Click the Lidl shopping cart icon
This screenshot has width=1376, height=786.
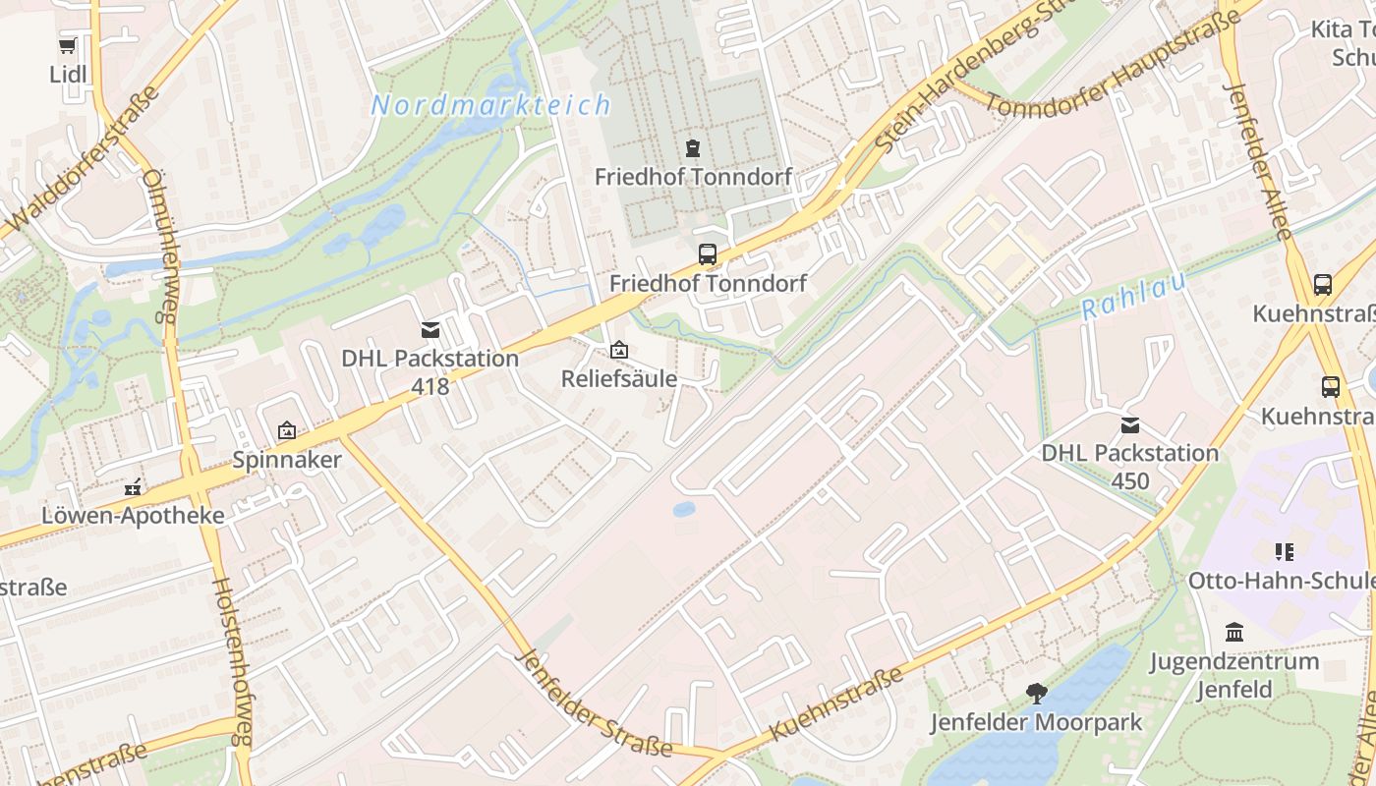pos(68,46)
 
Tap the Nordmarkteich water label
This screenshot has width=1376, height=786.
pos(490,105)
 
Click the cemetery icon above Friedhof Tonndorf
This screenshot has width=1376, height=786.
pos(693,148)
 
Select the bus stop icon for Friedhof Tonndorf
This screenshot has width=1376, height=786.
pos(707,254)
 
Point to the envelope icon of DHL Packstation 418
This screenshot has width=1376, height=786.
pos(430,330)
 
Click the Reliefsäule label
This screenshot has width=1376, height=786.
pos(619,378)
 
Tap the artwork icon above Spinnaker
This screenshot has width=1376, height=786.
pos(287,430)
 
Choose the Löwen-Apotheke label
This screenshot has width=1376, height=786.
pos(133,516)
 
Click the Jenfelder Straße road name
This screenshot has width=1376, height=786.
pos(594,703)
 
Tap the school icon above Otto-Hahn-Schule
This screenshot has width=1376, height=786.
pos(1284,552)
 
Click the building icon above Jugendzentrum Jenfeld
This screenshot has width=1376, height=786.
pos(1234,632)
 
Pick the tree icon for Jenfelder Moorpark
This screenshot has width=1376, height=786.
pos(1036,694)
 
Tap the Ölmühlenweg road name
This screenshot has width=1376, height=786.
pos(158,246)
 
